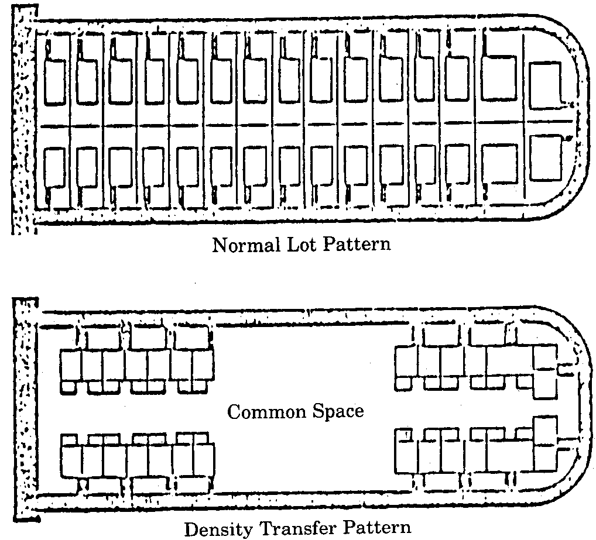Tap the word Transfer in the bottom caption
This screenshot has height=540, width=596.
pos(293,529)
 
